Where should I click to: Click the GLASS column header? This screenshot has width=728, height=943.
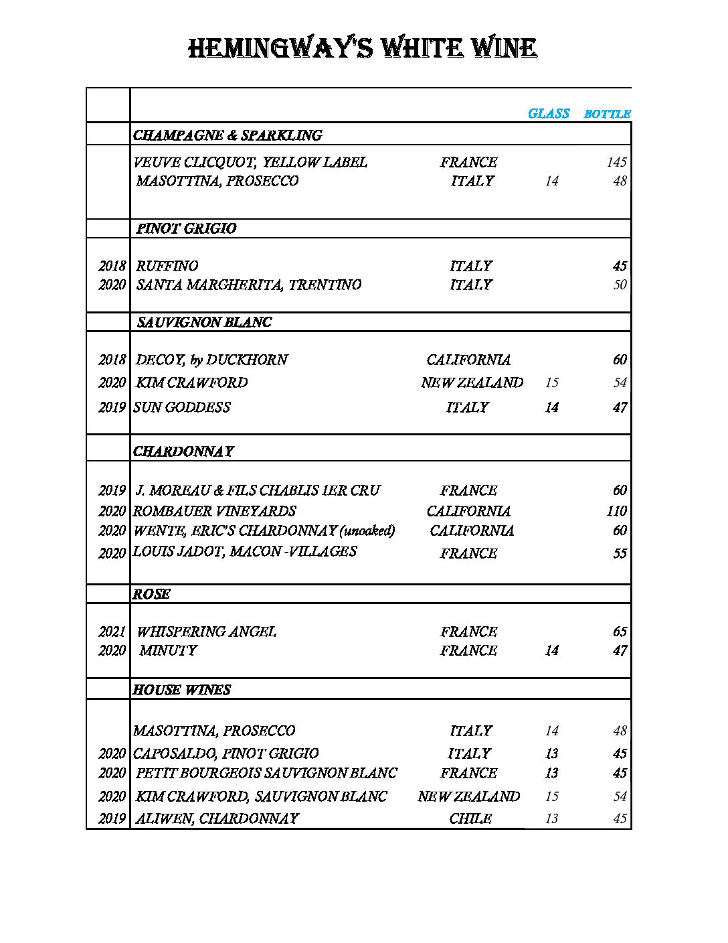[x=548, y=113]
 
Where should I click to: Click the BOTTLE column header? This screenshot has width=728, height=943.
[x=607, y=114]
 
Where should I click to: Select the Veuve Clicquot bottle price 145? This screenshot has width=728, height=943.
[x=616, y=162]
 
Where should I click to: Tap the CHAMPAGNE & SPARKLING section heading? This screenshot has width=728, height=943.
[x=227, y=135]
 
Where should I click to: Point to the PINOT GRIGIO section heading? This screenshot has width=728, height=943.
[x=186, y=228]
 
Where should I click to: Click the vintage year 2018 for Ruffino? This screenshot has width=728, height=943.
[x=112, y=266]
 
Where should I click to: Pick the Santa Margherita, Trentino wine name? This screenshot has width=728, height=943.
[x=249, y=285]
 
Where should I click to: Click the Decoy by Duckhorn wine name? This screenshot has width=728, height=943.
[x=211, y=360]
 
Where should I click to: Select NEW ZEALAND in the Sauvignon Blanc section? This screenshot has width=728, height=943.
[x=472, y=382]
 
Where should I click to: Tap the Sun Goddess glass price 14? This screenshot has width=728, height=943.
[x=551, y=407]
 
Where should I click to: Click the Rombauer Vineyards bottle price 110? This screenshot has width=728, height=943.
[x=616, y=511]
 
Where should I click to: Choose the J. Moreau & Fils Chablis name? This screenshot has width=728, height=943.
[x=258, y=490]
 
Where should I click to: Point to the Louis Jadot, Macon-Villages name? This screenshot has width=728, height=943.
[x=245, y=551]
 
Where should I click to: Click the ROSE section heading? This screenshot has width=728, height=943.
[x=151, y=594]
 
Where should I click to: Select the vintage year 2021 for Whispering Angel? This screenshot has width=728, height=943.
[x=112, y=632]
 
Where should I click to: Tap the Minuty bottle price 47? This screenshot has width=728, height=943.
[x=620, y=650]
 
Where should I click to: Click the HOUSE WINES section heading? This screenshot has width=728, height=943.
[x=181, y=690]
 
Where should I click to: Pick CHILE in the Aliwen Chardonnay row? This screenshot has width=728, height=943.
[x=470, y=818]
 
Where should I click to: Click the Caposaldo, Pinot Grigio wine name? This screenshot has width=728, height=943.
[x=225, y=753]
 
